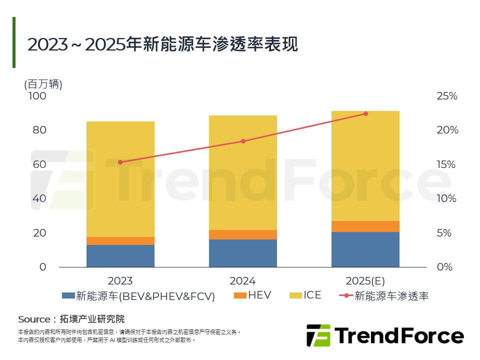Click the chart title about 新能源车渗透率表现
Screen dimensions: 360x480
point(162,44)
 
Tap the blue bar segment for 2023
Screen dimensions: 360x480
point(120,255)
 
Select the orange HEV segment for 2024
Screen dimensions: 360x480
point(243,234)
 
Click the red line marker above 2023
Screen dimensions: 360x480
point(120,162)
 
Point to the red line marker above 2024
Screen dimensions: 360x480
point(243,141)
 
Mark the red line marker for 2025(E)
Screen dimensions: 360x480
point(365,114)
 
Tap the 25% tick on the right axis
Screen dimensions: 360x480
point(447,96)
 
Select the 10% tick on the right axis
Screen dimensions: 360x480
point(447,198)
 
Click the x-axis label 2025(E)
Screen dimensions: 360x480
point(365,280)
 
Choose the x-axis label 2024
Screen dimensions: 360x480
point(243,280)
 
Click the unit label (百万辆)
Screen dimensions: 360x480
point(43,84)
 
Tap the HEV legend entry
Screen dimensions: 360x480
point(252,295)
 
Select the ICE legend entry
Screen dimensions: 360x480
point(305,295)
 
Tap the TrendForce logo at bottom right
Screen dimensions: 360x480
point(384,335)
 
